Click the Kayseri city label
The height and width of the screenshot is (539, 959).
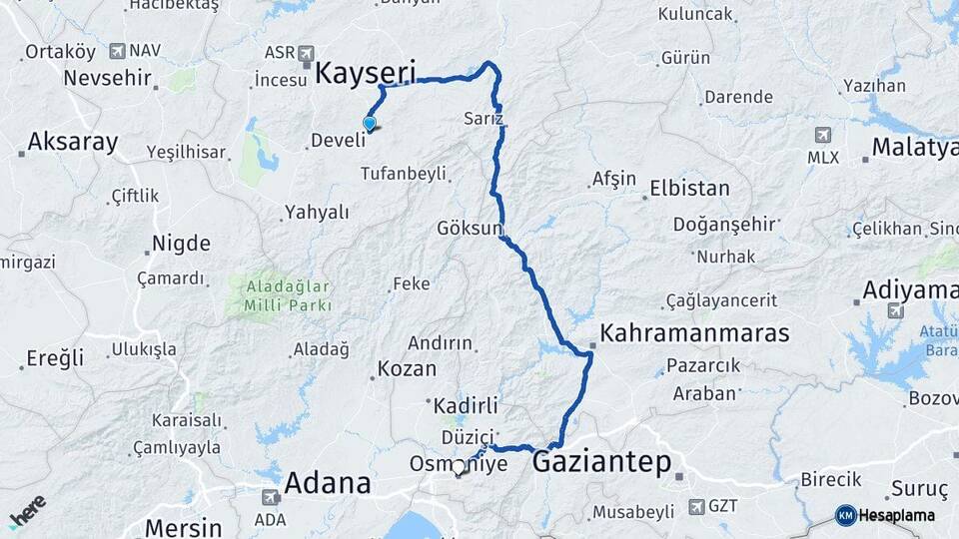coord(367,72)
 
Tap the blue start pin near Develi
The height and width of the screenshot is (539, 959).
coord(370,124)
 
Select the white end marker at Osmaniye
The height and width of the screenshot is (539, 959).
coord(459,466)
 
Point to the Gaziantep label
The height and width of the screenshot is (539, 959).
coord(601,461)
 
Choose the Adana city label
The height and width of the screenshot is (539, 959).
coord(328,483)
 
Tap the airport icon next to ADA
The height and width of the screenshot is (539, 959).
coord(270,496)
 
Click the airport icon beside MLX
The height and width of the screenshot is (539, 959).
coord(822,135)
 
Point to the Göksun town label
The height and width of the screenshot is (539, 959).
coord(469,228)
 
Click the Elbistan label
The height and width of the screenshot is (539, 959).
coord(689,188)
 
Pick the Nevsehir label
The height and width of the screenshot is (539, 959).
coord(107,77)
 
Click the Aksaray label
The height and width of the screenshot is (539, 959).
coord(72,142)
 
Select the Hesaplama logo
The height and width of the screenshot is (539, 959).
coord(886,515)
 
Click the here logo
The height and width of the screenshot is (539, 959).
coord(27,510)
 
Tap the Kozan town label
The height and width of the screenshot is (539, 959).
coord(408,368)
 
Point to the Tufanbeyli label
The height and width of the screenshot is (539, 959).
coord(404,174)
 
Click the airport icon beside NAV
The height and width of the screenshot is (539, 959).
coord(117,50)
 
